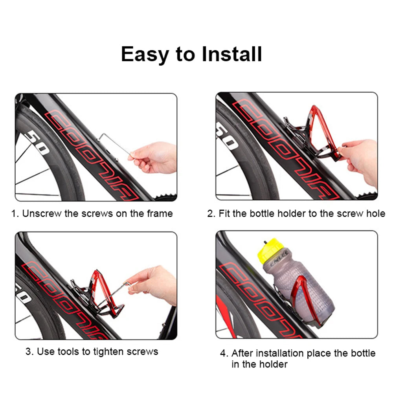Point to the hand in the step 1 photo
tap(155, 157)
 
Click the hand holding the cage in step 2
tap(360, 157)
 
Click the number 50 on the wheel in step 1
tap(37, 143)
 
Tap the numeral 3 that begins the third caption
tap(28, 351)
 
